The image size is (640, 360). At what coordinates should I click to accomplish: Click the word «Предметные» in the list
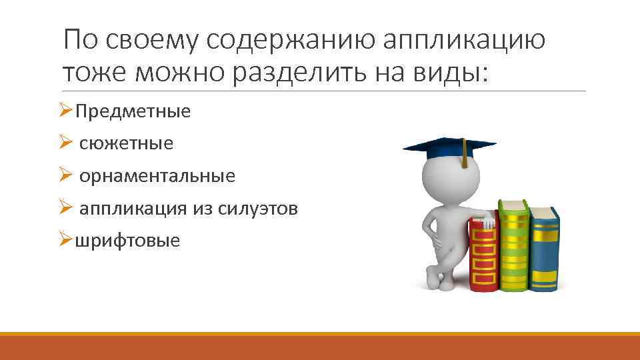pyautogui.click(x=133, y=111)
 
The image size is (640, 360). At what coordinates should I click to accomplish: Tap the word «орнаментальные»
pyautogui.click(x=157, y=177)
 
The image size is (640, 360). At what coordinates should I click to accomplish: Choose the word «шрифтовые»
pyautogui.click(x=127, y=240)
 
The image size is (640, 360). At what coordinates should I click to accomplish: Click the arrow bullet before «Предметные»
pyautogui.click(x=65, y=110)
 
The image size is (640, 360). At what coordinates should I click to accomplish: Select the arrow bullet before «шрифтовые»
pyautogui.click(x=65, y=239)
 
